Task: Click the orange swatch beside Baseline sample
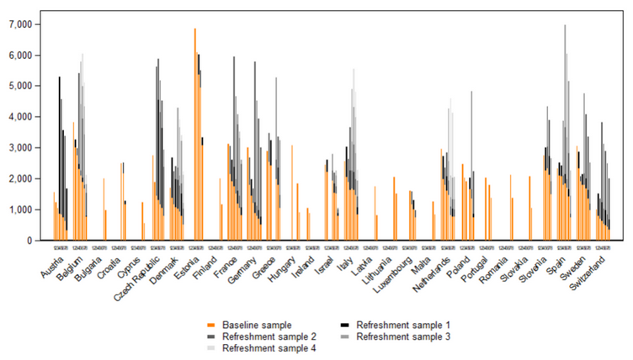coord(211,324)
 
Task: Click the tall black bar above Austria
coord(59,151)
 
